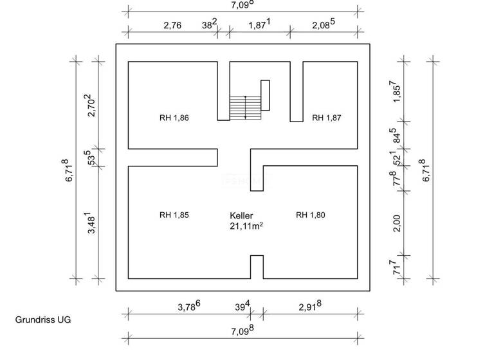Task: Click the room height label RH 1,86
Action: pos(174,118)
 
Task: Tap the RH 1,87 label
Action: pos(326,118)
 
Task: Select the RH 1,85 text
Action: pos(174,215)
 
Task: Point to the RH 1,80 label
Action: pos(310,215)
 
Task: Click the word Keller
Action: pos(241,216)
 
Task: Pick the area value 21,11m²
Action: pos(246,226)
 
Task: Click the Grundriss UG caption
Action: pos(43,319)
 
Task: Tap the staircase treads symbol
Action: pos(246,108)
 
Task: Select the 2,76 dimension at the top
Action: pos(172,25)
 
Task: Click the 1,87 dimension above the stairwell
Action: pos(260,24)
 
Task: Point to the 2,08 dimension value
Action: pos(324,24)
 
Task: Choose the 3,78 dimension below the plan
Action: pos(189,306)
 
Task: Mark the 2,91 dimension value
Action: pos(310,306)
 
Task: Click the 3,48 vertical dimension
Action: pos(91,222)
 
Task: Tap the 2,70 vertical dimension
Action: pos(91,105)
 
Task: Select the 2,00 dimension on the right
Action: pos(397,223)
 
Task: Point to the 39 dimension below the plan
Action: pos(242,306)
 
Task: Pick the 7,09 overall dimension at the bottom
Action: pos(242,330)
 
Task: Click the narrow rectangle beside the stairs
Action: pos(265,95)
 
